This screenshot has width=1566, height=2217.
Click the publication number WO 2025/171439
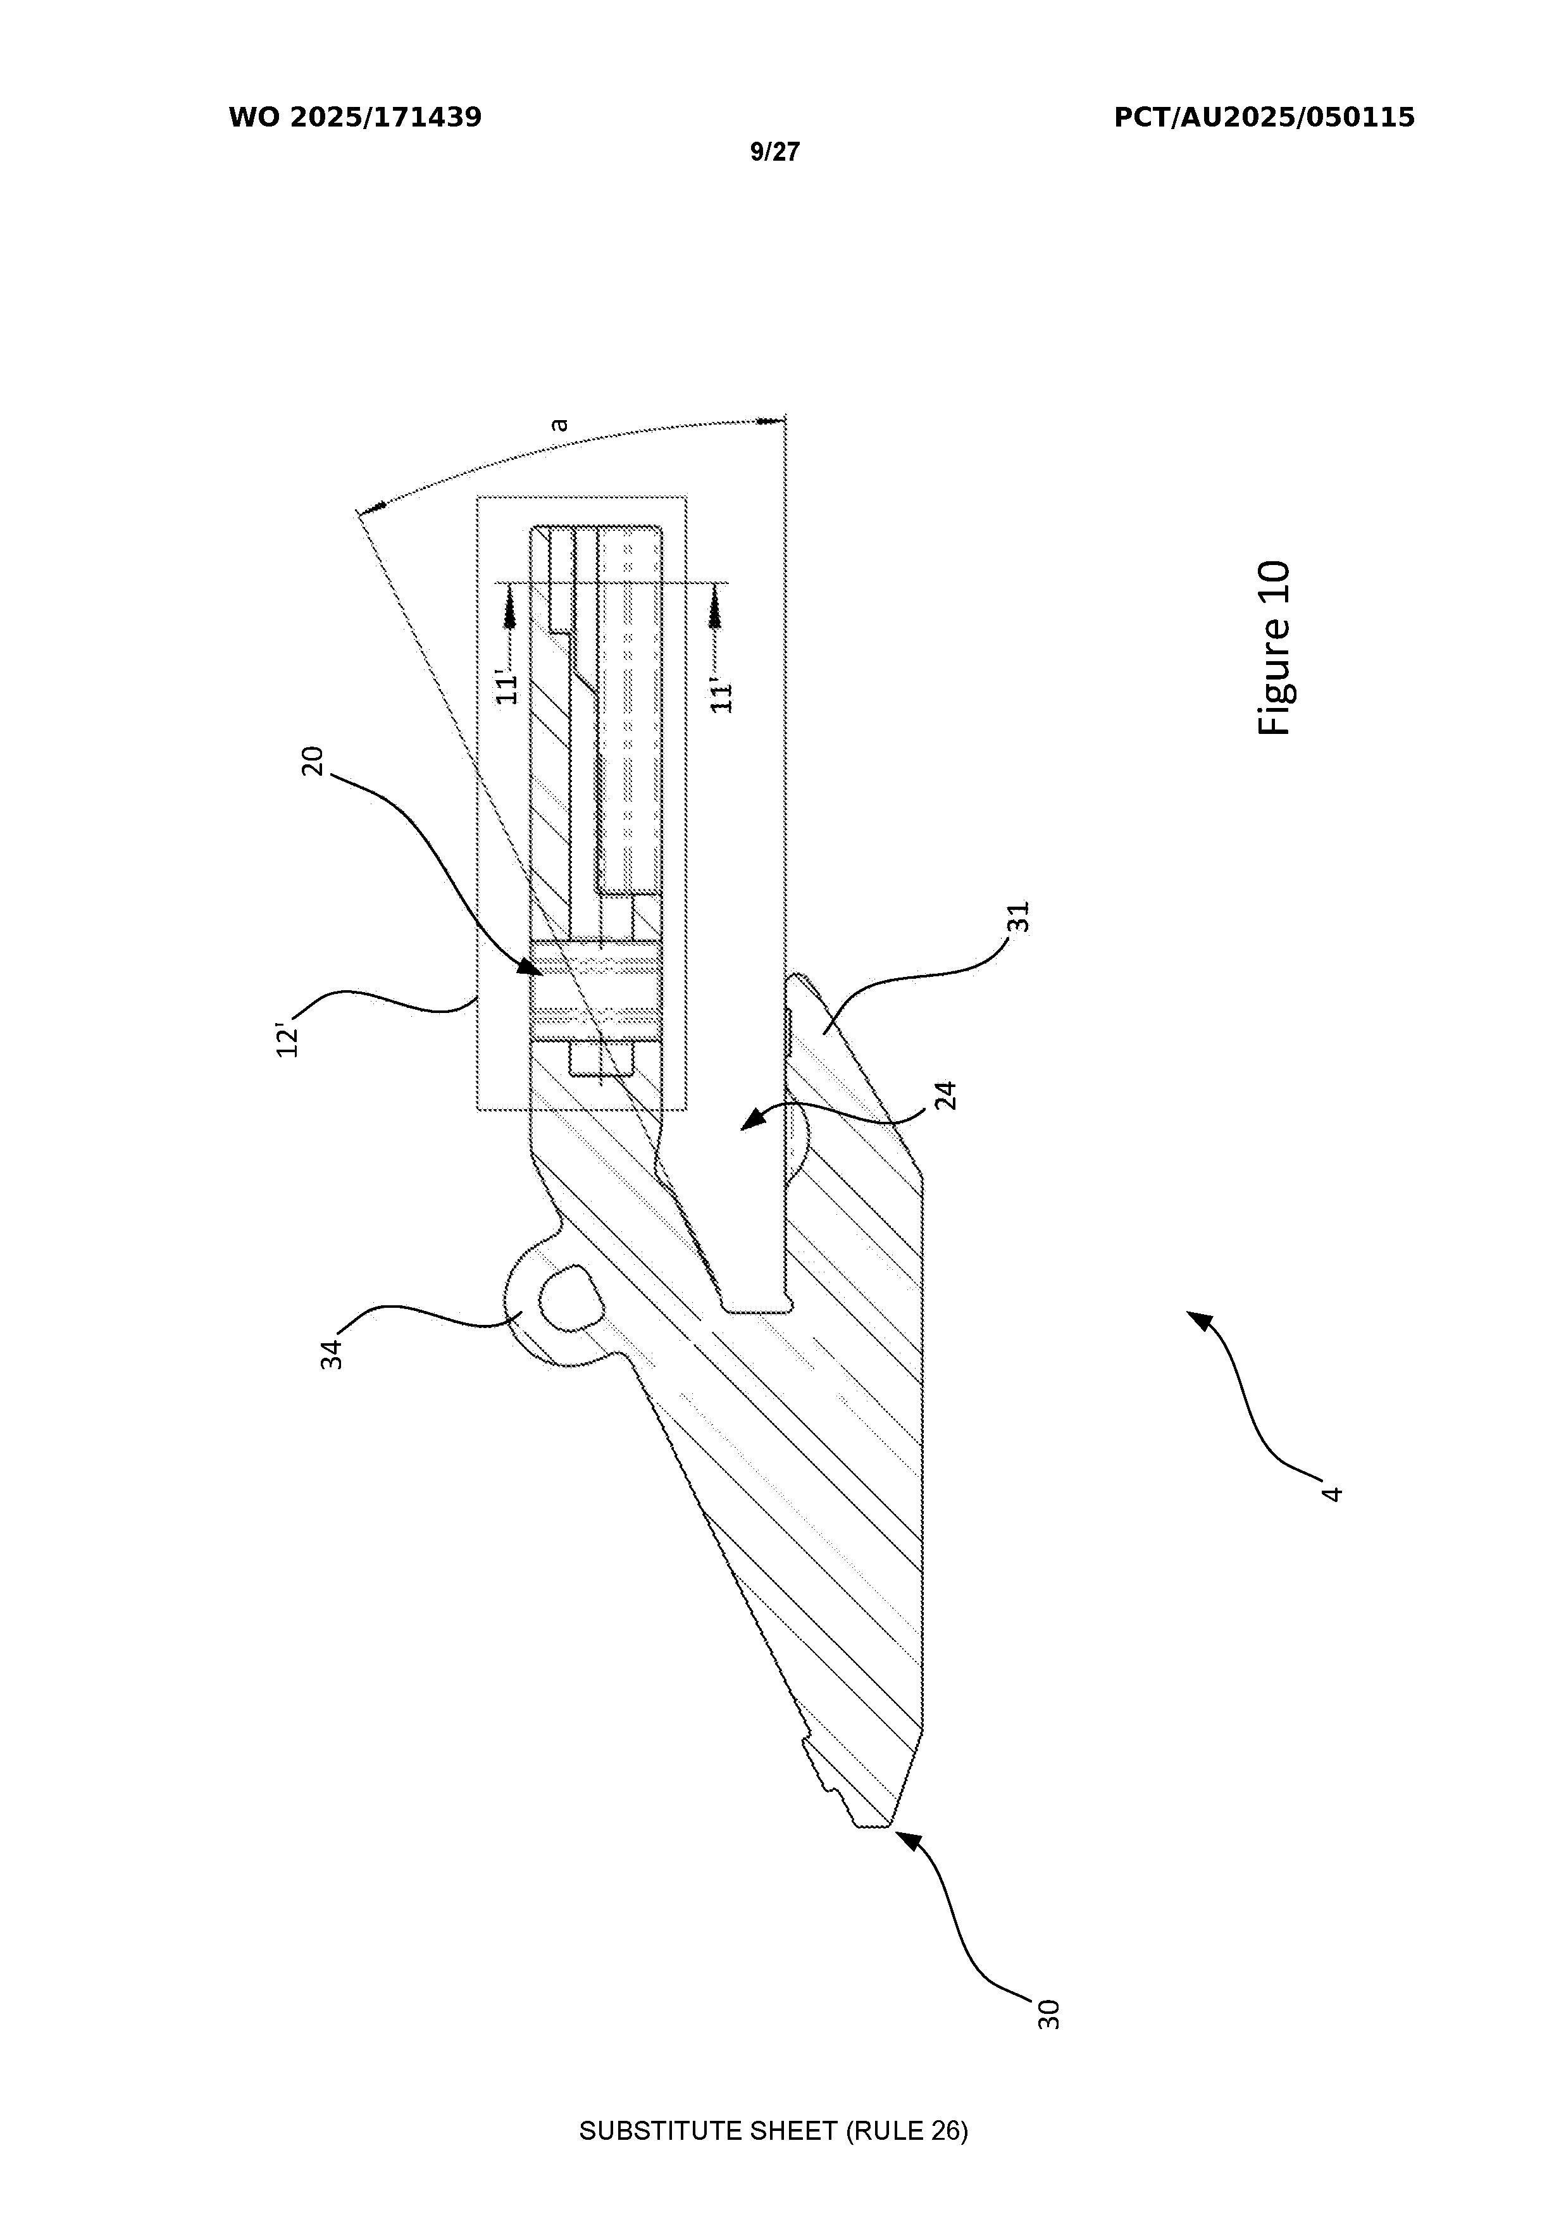click(356, 118)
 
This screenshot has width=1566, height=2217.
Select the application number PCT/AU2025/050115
click(1265, 118)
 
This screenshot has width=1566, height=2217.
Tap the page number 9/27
click(775, 152)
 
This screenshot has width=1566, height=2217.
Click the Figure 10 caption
click(1274, 648)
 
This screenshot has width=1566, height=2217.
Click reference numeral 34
click(332, 1353)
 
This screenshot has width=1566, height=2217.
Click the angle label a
click(559, 424)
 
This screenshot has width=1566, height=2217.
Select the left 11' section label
click(508, 684)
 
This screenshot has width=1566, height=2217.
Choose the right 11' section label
click(721, 692)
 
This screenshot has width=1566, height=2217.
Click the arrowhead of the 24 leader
click(749, 1122)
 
